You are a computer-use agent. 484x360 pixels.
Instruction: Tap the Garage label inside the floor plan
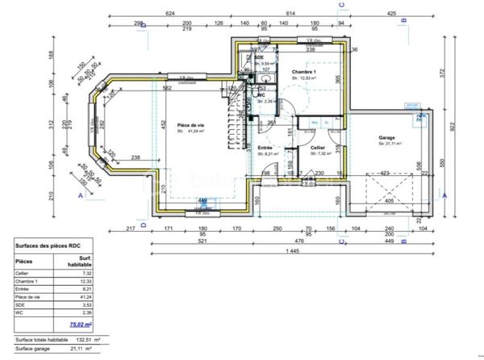tap(386, 138)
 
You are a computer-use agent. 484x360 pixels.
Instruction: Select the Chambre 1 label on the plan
tap(304, 72)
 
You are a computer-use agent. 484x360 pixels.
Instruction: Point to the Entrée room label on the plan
tap(265, 149)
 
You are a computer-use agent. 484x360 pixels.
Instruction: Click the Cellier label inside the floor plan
tap(318, 149)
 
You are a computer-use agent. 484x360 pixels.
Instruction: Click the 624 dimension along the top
tap(170, 14)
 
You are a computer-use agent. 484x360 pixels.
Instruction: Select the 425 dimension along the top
tap(391, 14)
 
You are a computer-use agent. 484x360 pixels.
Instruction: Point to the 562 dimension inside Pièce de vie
tap(165, 88)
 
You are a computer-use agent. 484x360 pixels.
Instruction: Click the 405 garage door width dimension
tap(390, 202)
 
